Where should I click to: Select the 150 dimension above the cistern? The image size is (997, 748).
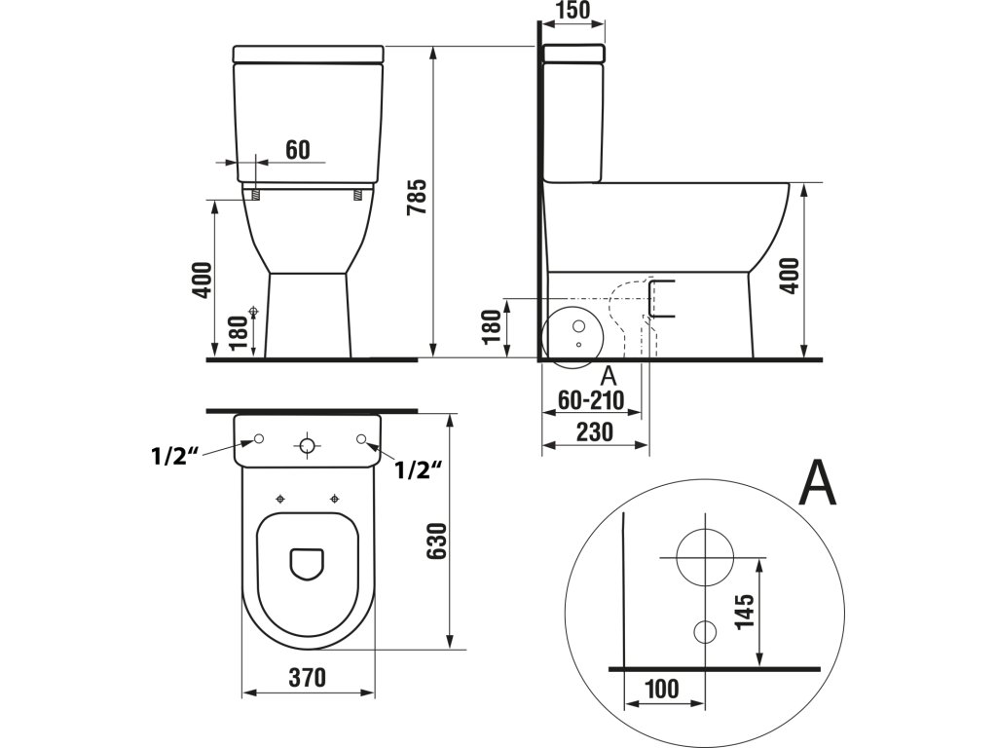[x=572, y=12]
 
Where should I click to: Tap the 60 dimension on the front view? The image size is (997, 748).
[x=298, y=149]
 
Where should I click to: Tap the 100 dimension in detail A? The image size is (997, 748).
[x=661, y=689]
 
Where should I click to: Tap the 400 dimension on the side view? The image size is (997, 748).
[x=789, y=276]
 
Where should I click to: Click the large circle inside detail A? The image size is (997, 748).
[x=704, y=557]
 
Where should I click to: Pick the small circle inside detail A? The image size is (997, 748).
[x=704, y=630]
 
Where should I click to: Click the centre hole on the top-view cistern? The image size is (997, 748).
[x=308, y=447]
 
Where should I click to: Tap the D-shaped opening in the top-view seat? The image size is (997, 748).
[x=308, y=561]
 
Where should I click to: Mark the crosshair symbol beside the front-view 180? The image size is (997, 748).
[x=255, y=312]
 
